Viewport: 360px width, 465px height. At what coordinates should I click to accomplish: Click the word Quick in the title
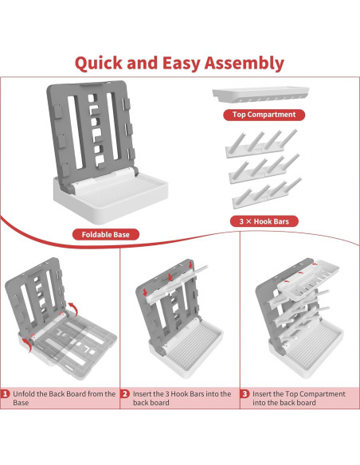coord(99,64)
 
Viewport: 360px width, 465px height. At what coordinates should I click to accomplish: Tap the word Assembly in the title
coord(245,64)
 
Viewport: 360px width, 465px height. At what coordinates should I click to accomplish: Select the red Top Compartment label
coord(264,115)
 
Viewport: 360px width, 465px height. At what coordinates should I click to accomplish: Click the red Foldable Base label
coord(106,235)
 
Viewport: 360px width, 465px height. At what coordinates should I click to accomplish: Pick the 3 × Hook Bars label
coord(264,221)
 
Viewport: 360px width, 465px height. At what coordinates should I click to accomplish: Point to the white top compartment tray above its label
coord(260,94)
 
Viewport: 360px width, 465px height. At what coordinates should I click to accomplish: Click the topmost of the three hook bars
coord(261,143)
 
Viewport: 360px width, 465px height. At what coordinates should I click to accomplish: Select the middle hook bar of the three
coord(264,168)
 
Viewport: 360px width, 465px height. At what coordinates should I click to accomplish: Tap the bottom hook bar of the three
coord(267,193)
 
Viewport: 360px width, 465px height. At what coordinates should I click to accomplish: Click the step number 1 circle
coord(5,394)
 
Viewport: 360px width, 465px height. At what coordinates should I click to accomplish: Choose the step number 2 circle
coord(125,394)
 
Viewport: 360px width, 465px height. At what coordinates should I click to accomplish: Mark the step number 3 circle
coord(245,394)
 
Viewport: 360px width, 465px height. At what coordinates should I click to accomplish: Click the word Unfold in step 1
coord(23,394)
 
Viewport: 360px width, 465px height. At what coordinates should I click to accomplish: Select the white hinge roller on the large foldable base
coord(104,178)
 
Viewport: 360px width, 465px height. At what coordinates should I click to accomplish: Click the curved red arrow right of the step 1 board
coord(73,308)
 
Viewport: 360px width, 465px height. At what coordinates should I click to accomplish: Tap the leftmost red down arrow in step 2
coord(145,291)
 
